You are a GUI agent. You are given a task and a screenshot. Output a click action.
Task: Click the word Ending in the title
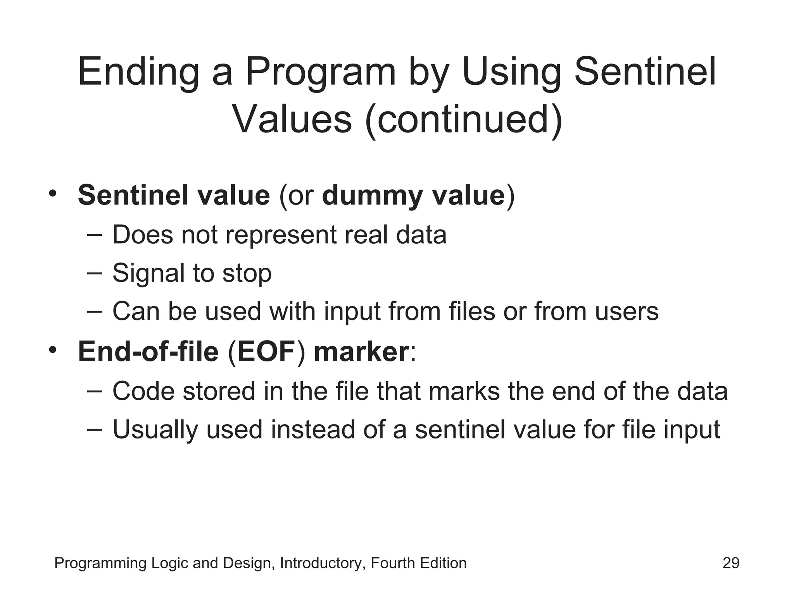(138, 72)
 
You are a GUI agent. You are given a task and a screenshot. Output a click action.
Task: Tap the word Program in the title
(321, 72)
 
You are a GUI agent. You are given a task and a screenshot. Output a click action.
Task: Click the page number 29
(731, 563)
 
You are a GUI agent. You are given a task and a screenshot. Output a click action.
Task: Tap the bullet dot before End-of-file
(53, 349)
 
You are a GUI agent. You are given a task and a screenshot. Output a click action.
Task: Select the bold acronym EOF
(266, 352)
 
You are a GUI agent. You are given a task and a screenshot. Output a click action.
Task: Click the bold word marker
(361, 352)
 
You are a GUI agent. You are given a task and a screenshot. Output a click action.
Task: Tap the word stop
(247, 273)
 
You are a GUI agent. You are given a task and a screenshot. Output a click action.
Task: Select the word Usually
(155, 430)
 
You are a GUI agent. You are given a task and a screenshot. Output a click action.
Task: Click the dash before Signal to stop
(95, 273)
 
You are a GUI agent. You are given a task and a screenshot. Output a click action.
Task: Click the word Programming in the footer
(100, 563)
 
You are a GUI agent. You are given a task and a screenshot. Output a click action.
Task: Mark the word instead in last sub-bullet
(313, 430)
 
